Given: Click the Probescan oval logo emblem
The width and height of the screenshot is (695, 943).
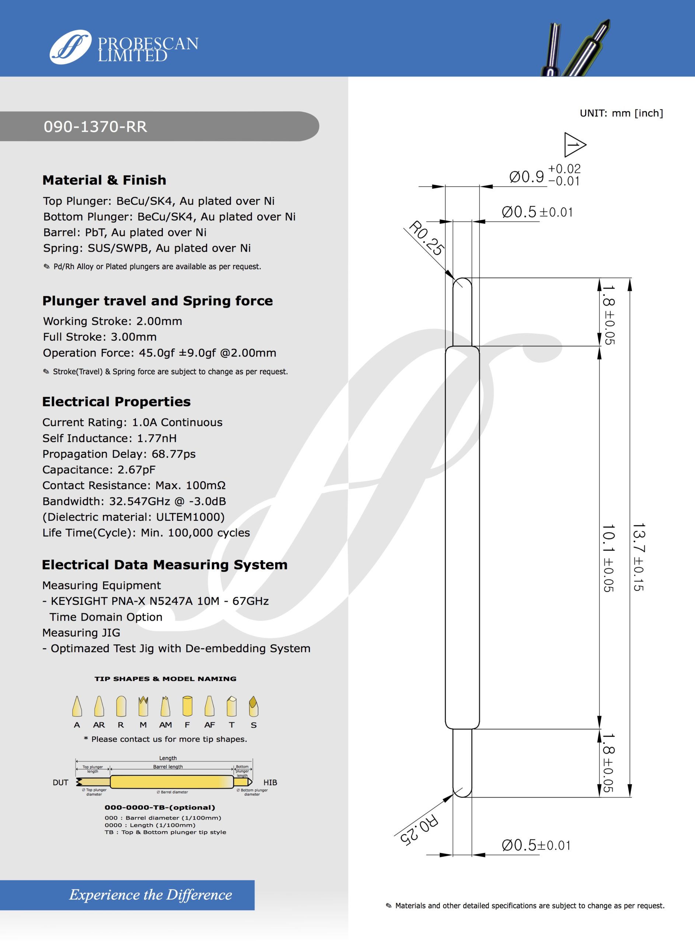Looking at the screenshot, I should [x=70, y=47].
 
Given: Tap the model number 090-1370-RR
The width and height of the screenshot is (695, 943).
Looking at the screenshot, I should [x=95, y=127].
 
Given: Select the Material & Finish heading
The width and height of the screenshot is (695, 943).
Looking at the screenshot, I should [x=104, y=180].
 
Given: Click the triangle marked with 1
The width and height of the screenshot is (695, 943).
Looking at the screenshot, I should [x=573, y=145].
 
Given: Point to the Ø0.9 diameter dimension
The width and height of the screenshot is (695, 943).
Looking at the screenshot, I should [x=527, y=176].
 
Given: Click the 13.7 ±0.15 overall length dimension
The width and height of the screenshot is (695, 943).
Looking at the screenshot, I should [x=639, y=557].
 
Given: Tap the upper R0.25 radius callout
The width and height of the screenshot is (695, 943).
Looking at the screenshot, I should [x=426, y=238].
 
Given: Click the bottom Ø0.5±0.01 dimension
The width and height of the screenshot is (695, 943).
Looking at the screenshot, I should [x=536, y=845].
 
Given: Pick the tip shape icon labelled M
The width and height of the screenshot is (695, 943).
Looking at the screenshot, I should [x=143, y=706].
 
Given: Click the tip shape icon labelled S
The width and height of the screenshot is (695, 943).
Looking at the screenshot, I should [x=253, y=706].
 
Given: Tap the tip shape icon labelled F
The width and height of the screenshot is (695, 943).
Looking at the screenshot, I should [x=187, y=706].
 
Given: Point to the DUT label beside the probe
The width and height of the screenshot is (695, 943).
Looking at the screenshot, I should [x=60, y=782].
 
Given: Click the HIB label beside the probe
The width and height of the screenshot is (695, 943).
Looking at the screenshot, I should [x=270, y=782].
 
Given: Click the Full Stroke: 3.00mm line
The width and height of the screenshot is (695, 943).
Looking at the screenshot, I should [x=100, y=337].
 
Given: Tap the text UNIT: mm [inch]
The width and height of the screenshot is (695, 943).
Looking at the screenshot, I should [x=621, y=113].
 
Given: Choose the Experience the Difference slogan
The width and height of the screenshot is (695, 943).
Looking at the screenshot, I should [x=151, y=895].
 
